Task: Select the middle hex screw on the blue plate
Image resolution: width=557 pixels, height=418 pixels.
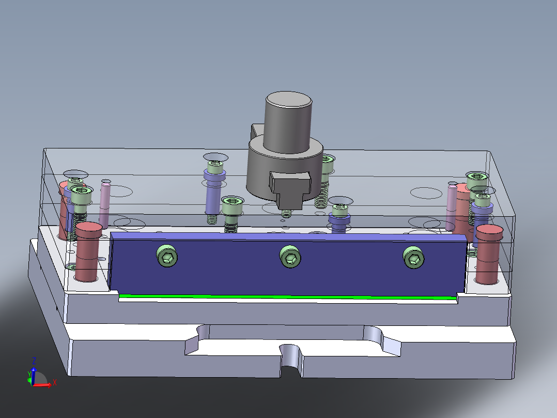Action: tap(290, 257)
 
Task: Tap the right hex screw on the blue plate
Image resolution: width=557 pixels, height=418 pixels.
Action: tap(414, 258)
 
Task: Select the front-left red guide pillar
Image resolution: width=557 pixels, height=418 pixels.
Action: tap(88, 251)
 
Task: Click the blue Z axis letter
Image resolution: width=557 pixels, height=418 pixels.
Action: tap(34, 360)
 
